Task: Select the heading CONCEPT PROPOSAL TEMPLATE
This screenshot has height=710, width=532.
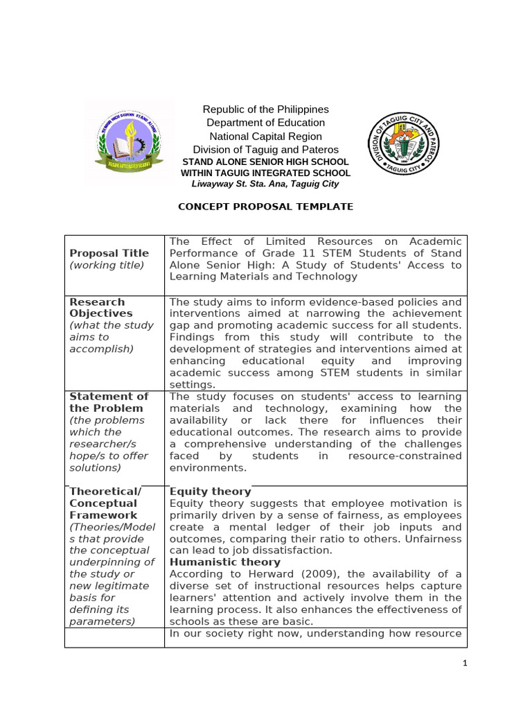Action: pyautogui.click(x=266, y=207)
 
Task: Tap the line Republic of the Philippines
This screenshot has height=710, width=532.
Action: pyautogui.click(x=265, y=110)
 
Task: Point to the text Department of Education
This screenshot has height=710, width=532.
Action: pyautogui.click(x=265, y=123)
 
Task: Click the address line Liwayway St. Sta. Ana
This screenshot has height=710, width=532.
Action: pyautogui.click(x=265, y=184)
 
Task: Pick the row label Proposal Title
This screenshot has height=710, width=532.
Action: pyautogui.click(x=109, y=253)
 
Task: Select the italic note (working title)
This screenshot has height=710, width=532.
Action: pyautogui.click(x=107, y=265)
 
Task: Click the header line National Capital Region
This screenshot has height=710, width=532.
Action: pyautogui.click(x=265, y=136)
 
